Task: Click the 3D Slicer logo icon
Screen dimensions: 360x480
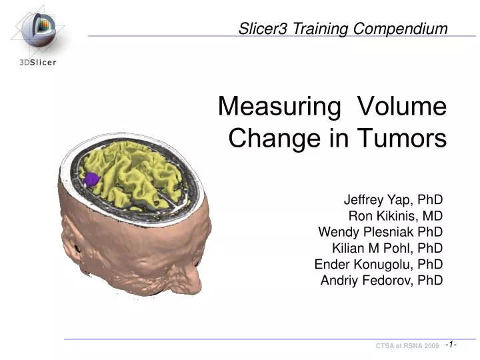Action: click(39, 29)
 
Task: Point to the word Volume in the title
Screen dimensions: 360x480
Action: click(402, 107)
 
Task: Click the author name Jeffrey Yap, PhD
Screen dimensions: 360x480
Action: click(393, 199)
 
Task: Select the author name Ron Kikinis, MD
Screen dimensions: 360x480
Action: click(395, 215)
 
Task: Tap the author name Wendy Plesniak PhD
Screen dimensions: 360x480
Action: click(380, 232)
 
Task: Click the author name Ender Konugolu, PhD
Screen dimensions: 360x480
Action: click(378, 264)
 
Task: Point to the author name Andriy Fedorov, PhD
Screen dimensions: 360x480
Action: click(381, 280)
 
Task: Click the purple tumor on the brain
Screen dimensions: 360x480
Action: click(91, 178)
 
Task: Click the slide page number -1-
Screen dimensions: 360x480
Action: click(451, 344)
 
